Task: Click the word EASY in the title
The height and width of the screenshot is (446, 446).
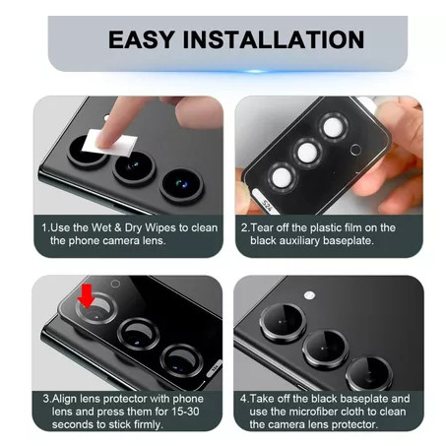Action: pos(141,39)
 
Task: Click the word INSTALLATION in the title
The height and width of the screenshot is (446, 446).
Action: pos(274,39)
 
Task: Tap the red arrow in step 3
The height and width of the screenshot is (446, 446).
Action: pos(87,296)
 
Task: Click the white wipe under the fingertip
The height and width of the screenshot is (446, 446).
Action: pos(109,143)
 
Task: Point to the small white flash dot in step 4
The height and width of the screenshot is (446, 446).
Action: pos(309,295)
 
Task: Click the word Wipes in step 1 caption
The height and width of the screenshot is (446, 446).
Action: pos(160,227)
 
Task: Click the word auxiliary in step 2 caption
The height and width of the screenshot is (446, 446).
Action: pos(299,241)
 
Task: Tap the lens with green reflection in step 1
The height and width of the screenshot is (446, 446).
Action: pos(181,185)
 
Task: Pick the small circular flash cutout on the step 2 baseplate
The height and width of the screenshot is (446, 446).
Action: pos(355,150)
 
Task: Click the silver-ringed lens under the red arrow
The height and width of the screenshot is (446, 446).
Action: pos(96,308)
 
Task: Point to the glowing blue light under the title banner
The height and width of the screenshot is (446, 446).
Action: pos(256,71)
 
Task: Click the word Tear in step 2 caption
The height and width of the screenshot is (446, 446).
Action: pos(262,227)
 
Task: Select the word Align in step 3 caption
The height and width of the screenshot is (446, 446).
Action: pos(64,399)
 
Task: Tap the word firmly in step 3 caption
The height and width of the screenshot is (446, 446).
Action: pos(146,424)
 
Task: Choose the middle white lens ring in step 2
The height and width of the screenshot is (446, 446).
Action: pos(308,153)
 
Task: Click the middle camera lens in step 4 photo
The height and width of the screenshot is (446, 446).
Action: pos(325,349)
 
